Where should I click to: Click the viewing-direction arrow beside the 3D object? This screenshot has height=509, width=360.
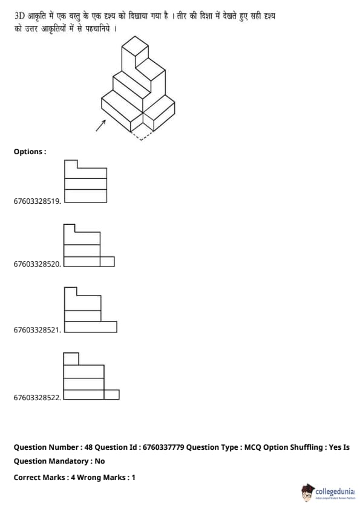click(x=100, y=126)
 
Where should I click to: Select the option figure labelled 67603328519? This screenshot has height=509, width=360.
click(x=85, y=181)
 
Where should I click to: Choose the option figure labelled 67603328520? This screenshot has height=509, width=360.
click(x=89, y=245)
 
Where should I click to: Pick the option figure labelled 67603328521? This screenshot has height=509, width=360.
click(x=91, y=310)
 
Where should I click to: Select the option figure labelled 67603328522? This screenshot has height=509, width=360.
click(x=91, y=376)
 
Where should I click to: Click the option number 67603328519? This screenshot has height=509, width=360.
click(x=37, y=201)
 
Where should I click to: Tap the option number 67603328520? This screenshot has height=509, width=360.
click(x=37, y=264)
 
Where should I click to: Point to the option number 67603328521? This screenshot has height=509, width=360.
click(x=37, y=330)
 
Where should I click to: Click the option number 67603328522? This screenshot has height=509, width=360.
click(x=37, y=397)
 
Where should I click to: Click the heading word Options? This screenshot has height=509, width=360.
click(x=28, y=152)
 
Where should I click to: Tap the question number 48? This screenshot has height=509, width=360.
click(x=88, y=447)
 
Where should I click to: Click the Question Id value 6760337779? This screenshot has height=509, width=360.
click(x=163, y=447)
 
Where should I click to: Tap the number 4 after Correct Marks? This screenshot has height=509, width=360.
click(x=73, y=478)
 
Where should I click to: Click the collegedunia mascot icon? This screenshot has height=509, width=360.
click(x=307, y=493)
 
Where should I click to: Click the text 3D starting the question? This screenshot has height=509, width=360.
click(x=19, y=16)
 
